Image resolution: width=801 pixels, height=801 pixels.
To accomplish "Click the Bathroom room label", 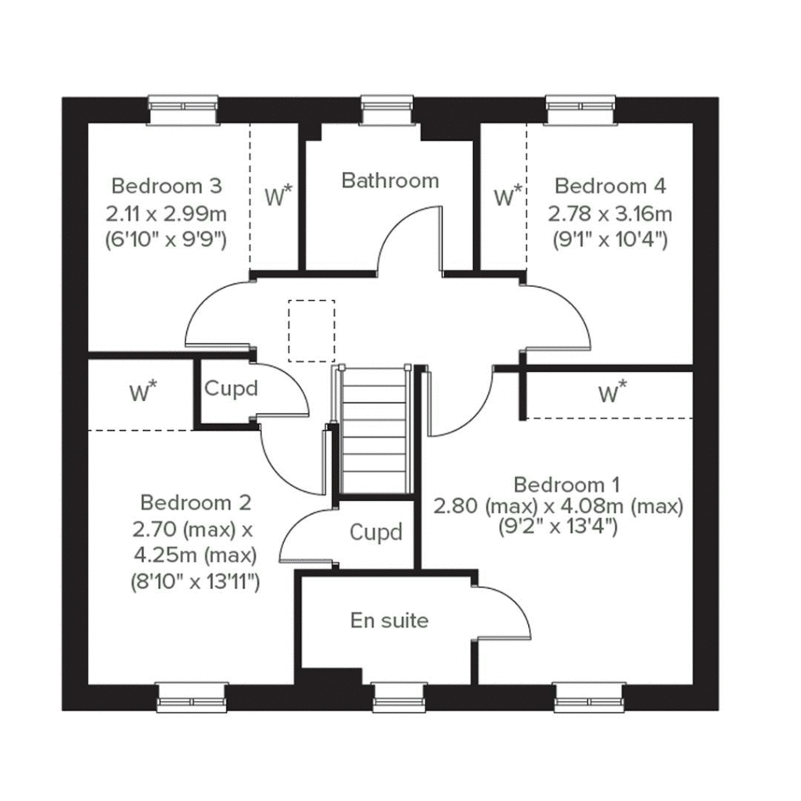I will coord(390,181).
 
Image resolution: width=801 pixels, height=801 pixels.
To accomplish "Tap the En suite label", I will coord(389,620).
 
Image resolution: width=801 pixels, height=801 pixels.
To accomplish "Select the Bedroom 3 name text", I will coord(167,186).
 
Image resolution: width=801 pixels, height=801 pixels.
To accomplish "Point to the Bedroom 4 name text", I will coord(610,186).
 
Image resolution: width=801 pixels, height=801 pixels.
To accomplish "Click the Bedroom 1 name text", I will coord(559,483).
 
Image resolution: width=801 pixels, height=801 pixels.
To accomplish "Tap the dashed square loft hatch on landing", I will coord(311,331).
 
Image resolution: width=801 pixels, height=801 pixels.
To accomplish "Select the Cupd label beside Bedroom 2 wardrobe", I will coord(231,388).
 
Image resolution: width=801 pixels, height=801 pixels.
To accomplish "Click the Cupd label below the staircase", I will coord(375,533).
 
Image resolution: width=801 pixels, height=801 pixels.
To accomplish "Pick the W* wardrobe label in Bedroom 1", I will coord(612,393).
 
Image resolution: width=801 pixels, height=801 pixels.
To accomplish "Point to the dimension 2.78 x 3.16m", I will coord(610,214).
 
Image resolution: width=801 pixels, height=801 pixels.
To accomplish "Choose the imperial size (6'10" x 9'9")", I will coord(166,240).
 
